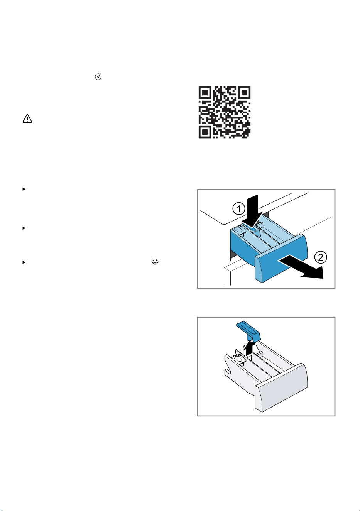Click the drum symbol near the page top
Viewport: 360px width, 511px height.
pyautogui.click(x=98, y=77)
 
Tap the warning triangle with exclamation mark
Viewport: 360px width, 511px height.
pyautogui.click(x=27, y=119)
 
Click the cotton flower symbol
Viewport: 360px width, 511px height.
pyautogui.click(x=155, y=262)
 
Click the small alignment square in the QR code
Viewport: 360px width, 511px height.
pyautogui.click(x=238, y=126)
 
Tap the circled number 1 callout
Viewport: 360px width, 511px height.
pyautogui.click(x=238, y=208)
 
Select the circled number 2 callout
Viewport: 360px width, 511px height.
pyautogui.click(x=321, y=257)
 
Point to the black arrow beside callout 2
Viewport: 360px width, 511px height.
pyautogui.click(x=301, y=267)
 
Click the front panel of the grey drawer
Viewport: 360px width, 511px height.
pyautogui.click(x=282, y=387)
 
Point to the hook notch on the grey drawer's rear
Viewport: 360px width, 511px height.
pyautogui.click(x=227, y=371)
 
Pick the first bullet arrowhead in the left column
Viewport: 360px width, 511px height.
pyautogui.click(x=24, y=189)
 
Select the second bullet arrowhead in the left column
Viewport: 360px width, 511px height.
pyautogui.click(x=24, y=228)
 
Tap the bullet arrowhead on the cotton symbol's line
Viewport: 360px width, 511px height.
pyautogui.click(x=24, y=262)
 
